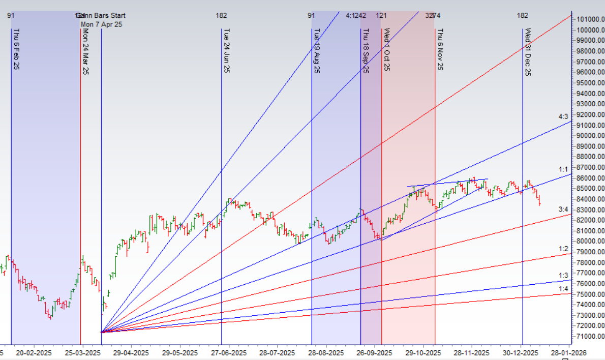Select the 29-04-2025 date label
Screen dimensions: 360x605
tap(131, 353)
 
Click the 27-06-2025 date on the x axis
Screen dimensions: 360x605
tap(229, 353)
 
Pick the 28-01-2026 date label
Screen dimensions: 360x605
tap(568, 353)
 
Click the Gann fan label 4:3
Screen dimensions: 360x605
tap(563, 117)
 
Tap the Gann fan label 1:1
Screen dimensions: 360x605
tap(563, 169)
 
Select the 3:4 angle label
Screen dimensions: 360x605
tap(563, 209)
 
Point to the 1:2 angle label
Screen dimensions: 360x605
tap(563, 249)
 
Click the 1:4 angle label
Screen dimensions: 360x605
tap(563, 289)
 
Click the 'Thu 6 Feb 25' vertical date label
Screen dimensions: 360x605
tap(16, 49)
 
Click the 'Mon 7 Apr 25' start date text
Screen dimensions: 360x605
tap(102, 24)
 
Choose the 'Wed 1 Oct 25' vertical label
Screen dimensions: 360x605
tap(386, 49)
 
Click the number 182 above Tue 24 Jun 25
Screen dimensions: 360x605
tap(221, 16)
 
